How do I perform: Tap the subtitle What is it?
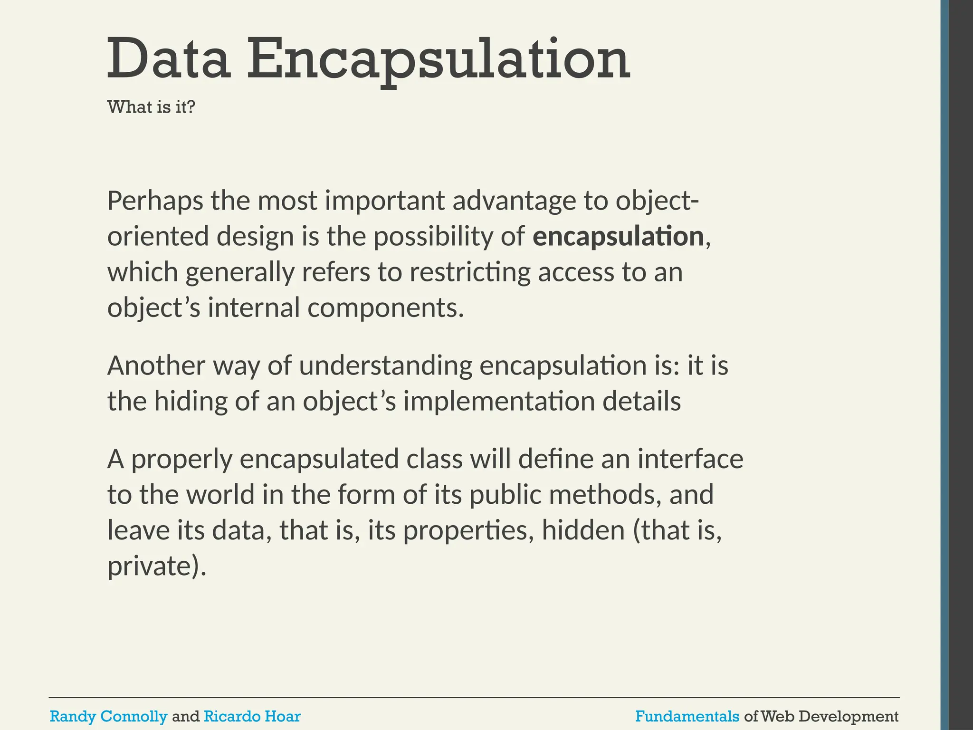click(151, 107)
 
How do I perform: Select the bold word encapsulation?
click(618, 236)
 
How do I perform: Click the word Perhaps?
click(155, 201)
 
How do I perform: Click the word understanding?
click(385, 365)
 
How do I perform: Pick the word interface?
click(690, 459)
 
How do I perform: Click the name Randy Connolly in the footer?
click(108, 716)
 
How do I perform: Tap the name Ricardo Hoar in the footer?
click(252, 716)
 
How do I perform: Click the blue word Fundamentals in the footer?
click(687, 716)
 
